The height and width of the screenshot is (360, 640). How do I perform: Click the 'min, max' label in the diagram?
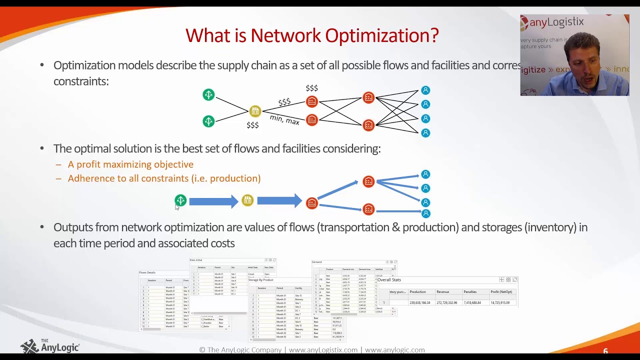[x=284, y=119]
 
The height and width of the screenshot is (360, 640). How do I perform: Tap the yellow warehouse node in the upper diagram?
[x=255, y=111]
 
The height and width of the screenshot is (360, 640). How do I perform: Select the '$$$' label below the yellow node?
[x=252, y=125]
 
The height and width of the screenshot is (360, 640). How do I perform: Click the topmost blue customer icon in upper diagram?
[x=425, y=90]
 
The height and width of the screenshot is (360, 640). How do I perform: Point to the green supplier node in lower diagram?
[x=180, y=200]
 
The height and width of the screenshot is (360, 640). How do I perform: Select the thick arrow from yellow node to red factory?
[x=279, y=201]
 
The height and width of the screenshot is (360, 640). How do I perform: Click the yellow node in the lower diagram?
[x=247, y=200]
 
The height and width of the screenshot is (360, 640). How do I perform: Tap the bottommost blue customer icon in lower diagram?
[x=425, y=213]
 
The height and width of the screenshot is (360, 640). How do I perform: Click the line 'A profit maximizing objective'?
[x=130, y=164]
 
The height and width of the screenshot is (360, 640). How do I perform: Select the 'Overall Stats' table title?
[x=389, y=280]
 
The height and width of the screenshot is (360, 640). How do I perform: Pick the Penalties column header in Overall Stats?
[x=470, y=292]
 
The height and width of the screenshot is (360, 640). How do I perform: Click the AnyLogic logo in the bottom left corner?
[x=50, y=346]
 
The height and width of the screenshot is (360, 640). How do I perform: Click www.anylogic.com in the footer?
[x=394, y=350]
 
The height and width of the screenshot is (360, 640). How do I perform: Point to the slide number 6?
[x=605, y=351]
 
